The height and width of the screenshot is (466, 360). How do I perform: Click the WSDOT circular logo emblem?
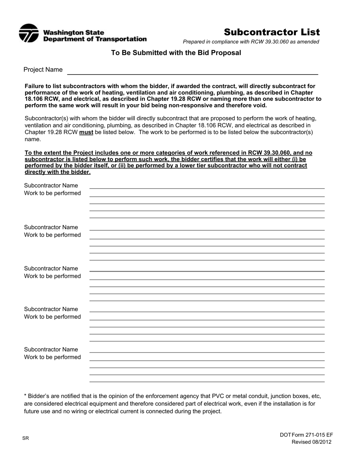tap(29, 33)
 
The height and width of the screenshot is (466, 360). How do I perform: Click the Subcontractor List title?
tap(272, 32)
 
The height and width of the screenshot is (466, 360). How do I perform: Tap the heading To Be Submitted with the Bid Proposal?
tap(176, 53)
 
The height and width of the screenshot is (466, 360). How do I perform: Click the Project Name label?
tap(43, 70)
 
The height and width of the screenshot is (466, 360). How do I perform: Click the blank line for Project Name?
tap(193, 73)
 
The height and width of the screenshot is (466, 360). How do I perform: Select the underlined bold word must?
tap(86, 133)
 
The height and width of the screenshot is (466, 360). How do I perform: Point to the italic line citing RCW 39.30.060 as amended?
tap(251, 42)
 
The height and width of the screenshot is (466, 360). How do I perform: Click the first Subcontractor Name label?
tap(51, 186)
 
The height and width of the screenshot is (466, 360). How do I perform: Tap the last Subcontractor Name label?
tap(51, 349)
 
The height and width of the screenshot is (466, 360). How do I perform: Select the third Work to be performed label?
tap(52, 276)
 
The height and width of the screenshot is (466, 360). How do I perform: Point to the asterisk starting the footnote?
tap(25, 396)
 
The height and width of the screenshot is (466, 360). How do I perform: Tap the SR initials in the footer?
tap(25, 439)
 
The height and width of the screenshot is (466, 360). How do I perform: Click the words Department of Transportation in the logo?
tap(95, 39)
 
